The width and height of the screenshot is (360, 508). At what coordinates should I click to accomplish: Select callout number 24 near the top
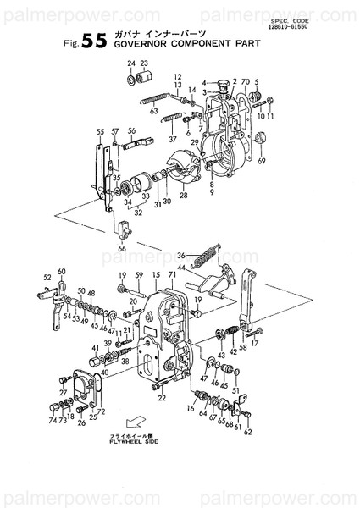pos(131,64)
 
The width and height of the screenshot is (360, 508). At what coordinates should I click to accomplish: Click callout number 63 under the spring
pos(154,111)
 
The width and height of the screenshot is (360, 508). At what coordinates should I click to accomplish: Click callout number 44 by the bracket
pos(181,267)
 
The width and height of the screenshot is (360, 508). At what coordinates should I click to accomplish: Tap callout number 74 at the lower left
pos(52,420)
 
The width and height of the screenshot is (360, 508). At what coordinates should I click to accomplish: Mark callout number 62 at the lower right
pos(247,432)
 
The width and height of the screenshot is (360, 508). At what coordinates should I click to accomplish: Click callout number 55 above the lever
pos(100,132)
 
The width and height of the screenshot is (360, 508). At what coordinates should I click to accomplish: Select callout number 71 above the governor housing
pos(172,276)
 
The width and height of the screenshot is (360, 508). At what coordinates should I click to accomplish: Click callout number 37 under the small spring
pos(172,139)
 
